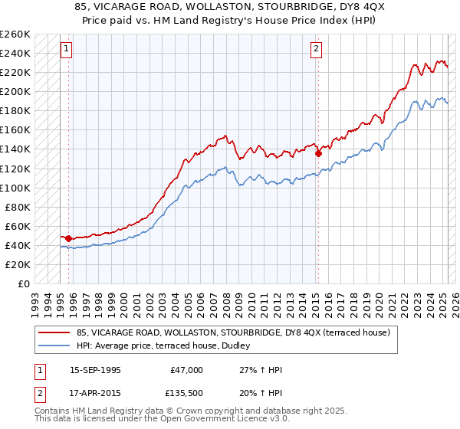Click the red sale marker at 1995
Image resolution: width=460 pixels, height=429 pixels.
tap(68, 238)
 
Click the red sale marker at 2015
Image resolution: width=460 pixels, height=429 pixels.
tap(318, 153)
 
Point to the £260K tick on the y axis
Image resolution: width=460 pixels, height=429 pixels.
tap(15, 34)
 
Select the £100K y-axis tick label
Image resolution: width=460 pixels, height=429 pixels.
tap(15, 188)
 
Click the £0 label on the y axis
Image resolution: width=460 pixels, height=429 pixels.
tap(24, 283)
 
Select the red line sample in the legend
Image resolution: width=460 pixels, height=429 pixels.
tap(54, 332)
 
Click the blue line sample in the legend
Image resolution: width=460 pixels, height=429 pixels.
tap(54, 345)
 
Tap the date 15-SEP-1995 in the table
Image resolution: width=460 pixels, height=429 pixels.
tap(95, 370)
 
